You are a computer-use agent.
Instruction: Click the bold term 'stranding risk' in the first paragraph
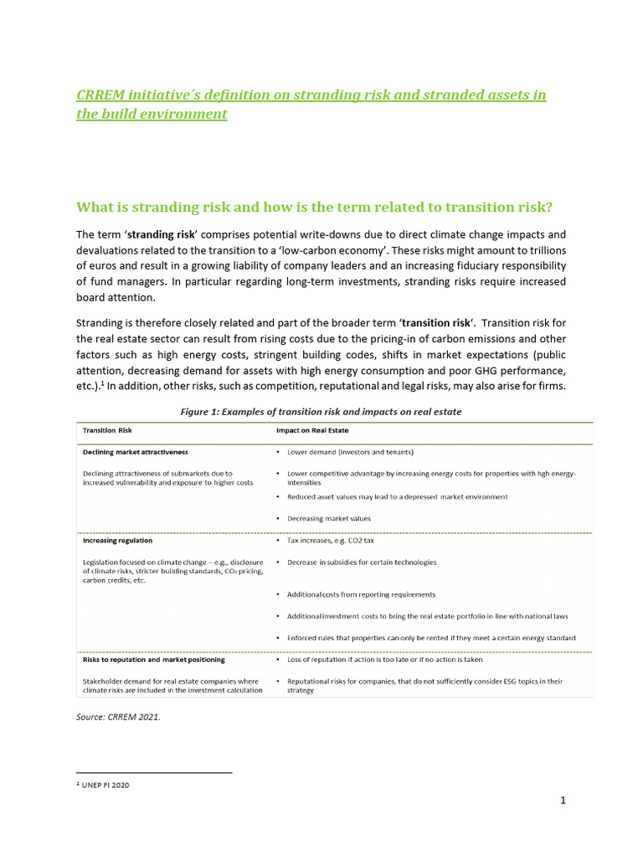tap(162, 234)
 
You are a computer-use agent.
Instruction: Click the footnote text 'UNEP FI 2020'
tap(105, 785)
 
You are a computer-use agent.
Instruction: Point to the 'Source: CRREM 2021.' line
tap(118, 716)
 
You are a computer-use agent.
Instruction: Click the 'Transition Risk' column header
tap(107, 430)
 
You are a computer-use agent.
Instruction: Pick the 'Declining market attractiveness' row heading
tap(135, 452)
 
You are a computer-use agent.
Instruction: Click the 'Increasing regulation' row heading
tap(117, 541)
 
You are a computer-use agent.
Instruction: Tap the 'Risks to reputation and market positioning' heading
tap(153, 659)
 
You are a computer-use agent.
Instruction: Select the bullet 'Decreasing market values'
tap(329, 519)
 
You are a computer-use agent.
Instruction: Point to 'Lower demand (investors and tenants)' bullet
tap(350, 452)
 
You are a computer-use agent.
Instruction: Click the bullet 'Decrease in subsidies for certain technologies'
tap(361, 562)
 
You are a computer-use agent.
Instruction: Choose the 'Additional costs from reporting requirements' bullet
tap(361, 594)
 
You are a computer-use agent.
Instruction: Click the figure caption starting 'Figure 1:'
tap(321, 412)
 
